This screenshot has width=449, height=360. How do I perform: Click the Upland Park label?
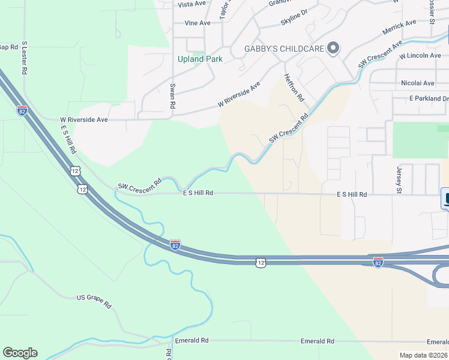[x=200, y=59]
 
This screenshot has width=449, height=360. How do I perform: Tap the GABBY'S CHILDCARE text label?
[x=283, y=48]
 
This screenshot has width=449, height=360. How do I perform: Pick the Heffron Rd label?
[x=295, y=88]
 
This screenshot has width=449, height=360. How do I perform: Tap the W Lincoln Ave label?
[x=420, y=55]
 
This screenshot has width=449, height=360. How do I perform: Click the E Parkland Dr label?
[x=429, y=98]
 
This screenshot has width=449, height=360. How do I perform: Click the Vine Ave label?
[x=197, y=23]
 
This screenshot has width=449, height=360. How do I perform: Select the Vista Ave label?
[x=191, y=4]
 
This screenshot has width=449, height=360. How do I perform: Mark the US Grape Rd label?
[x=94, y=301]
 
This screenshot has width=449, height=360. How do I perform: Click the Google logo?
[x=20, y=353]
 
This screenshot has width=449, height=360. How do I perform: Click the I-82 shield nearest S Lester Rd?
[x=22, y=110]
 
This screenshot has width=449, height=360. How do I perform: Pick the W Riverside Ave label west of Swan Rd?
[x=83, y=119]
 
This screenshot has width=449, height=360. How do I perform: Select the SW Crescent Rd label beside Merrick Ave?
[x=379, y=55]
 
